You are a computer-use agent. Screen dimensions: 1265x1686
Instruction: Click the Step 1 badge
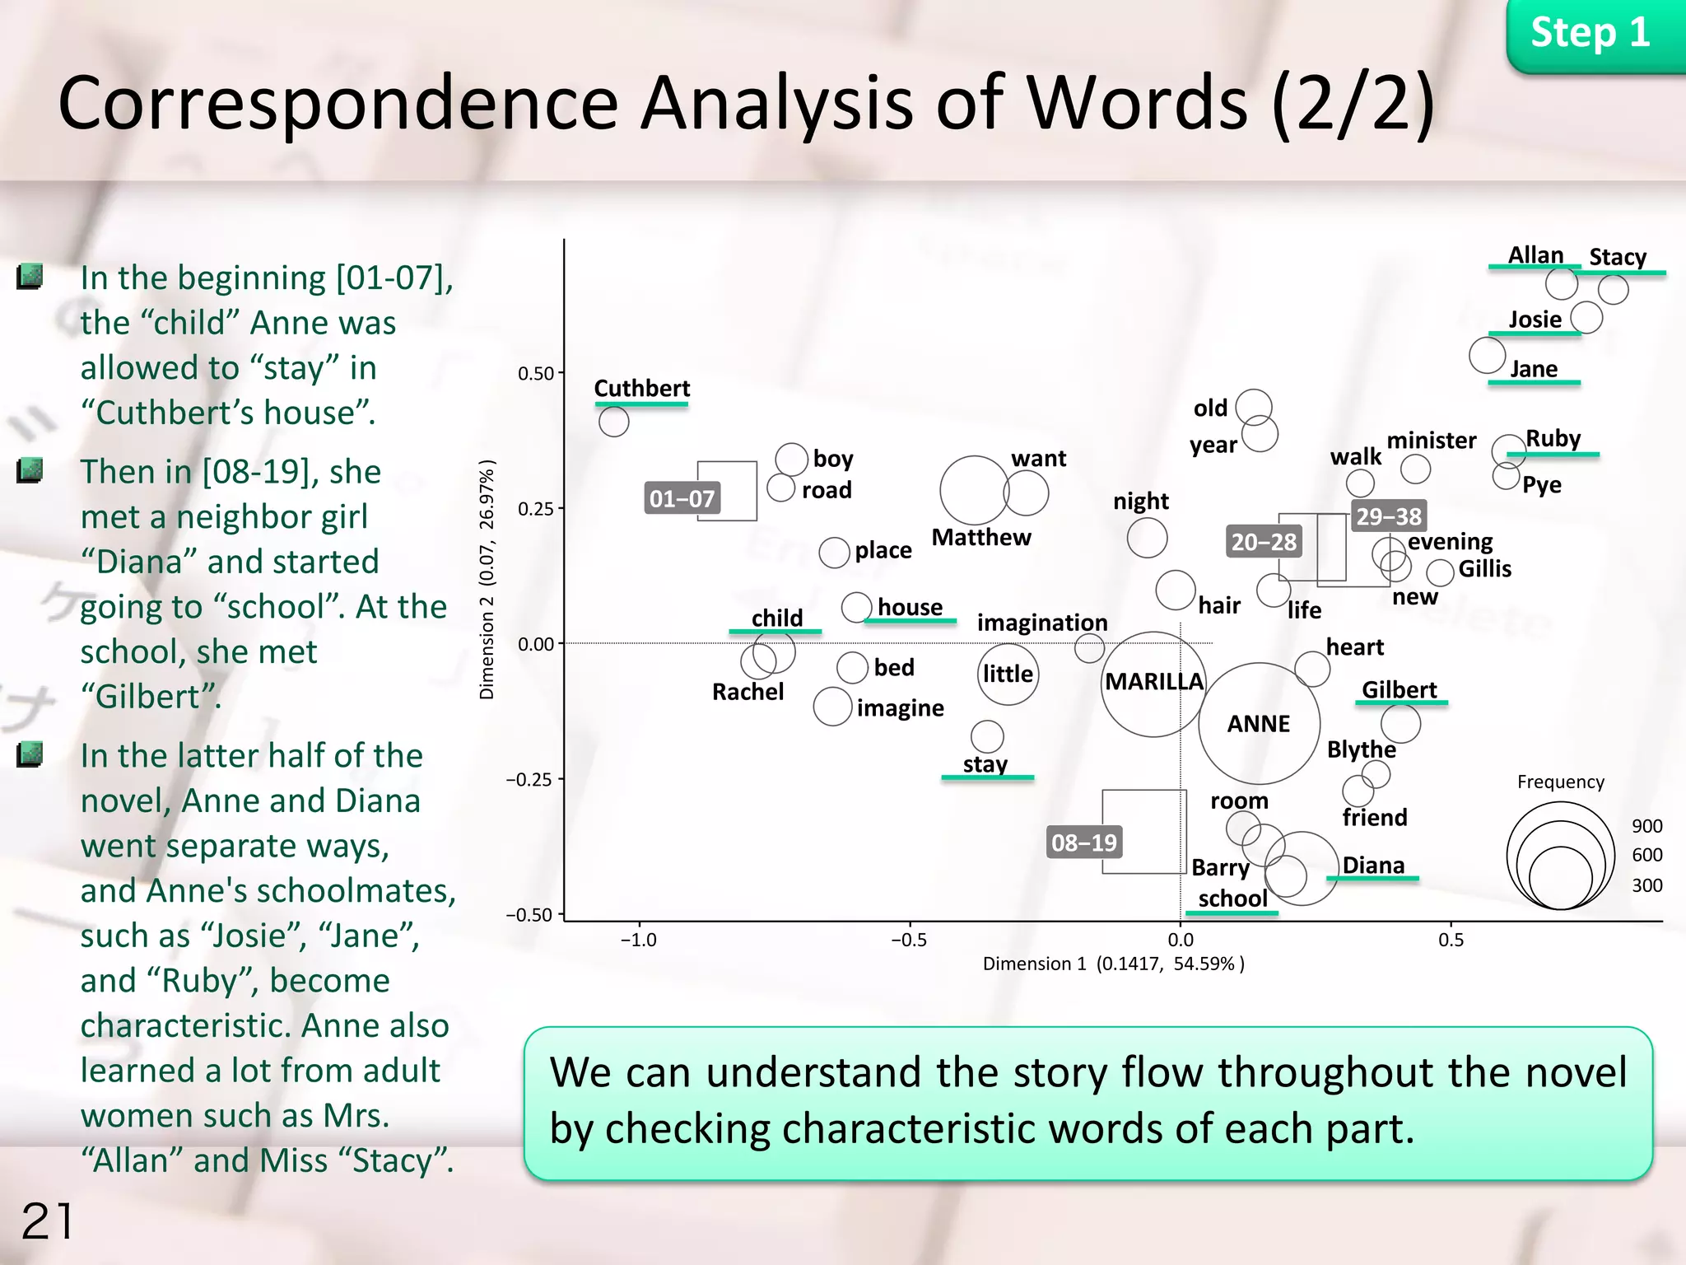pos(1590,34)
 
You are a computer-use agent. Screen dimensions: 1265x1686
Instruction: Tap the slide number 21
pos(47,1221)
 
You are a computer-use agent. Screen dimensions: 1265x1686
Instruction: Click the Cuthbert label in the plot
pos(642,389)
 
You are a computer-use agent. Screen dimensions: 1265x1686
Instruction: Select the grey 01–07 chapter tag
pos(682,498)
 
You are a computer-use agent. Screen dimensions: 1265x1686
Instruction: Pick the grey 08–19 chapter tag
pos(1083,843)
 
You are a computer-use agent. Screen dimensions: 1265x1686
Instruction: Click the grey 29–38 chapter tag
pos(1389,516)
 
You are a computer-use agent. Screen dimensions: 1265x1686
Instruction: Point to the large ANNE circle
pos(1259,723)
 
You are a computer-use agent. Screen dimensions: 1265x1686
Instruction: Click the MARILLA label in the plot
pos(1153,682)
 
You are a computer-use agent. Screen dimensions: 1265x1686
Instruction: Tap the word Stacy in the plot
pos(1617,257)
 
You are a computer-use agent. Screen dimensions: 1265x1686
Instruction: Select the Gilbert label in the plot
pos(1399,690)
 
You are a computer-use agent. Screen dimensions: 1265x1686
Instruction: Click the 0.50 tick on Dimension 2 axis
pos(536,373)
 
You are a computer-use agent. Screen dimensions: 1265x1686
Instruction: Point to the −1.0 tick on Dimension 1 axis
pos(639,940)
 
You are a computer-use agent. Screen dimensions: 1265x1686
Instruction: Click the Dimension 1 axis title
pos(1113,964)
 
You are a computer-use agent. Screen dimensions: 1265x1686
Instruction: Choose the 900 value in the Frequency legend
pos(1646,826)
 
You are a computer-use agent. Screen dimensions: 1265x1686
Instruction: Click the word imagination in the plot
pos(1041,623)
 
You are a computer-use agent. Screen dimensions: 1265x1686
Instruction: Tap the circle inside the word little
pos(1008,675)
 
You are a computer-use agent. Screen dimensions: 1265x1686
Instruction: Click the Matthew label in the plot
pos(980,538)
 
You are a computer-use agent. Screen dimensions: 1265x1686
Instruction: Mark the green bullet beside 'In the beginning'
pos(30,277)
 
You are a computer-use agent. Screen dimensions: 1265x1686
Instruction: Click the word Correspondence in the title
pos(338,104)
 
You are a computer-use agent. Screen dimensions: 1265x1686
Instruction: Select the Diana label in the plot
pos(1373,866)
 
